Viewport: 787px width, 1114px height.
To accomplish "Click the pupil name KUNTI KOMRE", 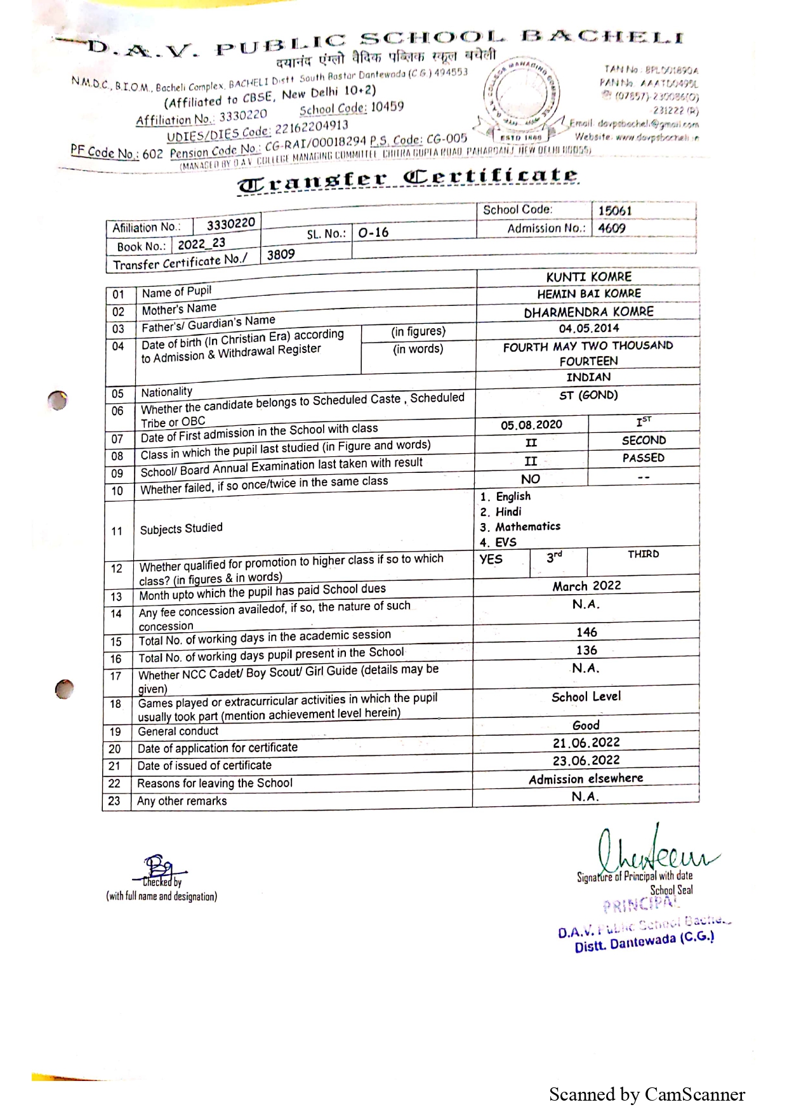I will pos(588,277).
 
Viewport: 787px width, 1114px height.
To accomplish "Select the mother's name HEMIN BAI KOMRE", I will pos(588,294).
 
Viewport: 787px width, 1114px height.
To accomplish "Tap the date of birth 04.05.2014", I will pos(588,328).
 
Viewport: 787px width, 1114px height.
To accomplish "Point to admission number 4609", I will pos(612,228).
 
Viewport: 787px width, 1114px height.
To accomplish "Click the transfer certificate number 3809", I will pos(281,255).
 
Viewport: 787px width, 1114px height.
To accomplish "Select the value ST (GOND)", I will pos(588,395).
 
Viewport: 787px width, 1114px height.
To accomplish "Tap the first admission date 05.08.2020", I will pos(531,425).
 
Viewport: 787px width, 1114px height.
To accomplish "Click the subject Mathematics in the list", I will pos(527,527).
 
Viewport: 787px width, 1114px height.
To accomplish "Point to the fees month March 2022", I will pos(586,586).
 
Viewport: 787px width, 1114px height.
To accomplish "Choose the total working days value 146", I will pos(586,632).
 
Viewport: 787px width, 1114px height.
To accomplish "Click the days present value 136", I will pos(586,650).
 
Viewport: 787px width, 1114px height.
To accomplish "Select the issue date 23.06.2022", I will pos(586,760).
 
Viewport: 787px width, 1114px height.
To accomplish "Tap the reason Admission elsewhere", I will pos(586,778).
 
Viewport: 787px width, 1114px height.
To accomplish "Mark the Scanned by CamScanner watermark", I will pos(647,1094).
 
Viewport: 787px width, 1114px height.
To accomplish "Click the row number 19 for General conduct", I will pos(115,732).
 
